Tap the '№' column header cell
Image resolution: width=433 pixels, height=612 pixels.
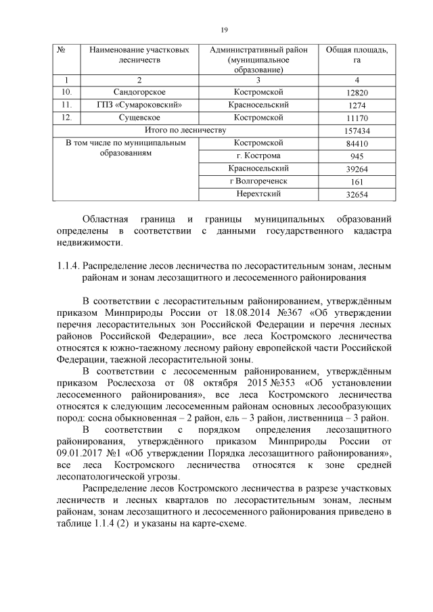coord(62,50)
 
